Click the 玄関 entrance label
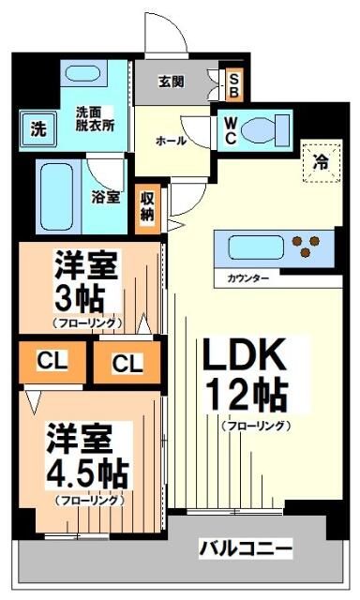[171, 82]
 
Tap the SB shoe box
[233, 85]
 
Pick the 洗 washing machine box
[36, 128]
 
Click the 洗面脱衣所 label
[95, 119]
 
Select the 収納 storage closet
[148, 204]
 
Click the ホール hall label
[170, 141]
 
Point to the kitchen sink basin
[252, 247]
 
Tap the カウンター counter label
[247, 279]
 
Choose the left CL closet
[51, 361]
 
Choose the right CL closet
[126, 362]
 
